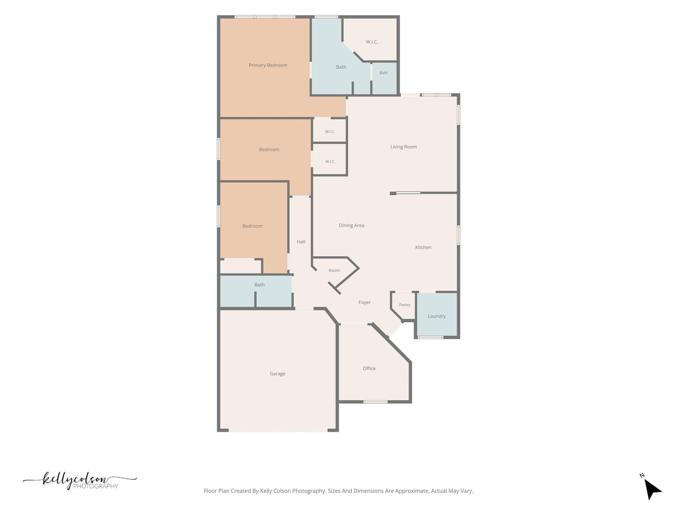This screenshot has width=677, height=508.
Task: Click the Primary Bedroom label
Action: pos(268,65)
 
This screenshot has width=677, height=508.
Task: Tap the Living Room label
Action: pos(403,147)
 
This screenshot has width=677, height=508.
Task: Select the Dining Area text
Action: pos(351,226)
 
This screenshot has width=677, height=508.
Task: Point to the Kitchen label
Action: pos(423,247)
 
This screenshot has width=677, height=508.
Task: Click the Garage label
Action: pos(277,374)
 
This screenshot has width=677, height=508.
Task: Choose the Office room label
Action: pos(369,368)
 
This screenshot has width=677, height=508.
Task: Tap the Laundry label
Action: pos(436,316)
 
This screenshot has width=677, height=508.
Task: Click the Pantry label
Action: pos(405,305)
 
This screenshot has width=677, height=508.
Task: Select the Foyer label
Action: pos(364,303)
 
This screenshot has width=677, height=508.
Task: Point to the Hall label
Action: pos(301,242)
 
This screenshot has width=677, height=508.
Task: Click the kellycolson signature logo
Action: pos(80,480)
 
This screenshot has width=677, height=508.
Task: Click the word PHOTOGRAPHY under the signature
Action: pos(96,486)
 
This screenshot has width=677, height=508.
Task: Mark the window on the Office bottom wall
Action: pos(375,402)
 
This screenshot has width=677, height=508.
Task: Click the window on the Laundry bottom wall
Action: pos(431,337)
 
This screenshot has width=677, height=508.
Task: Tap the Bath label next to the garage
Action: pos(259,285)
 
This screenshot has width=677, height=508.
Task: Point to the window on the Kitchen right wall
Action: pos(458,235)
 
